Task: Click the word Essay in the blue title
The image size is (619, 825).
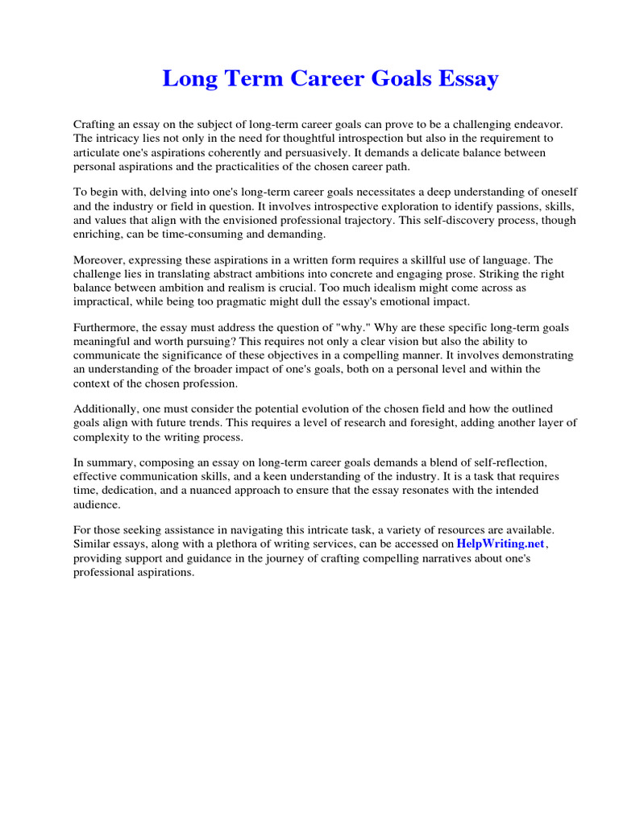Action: (465, 79)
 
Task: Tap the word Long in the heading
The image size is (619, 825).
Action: (187, 79)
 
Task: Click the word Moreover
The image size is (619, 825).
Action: (100, 259)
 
